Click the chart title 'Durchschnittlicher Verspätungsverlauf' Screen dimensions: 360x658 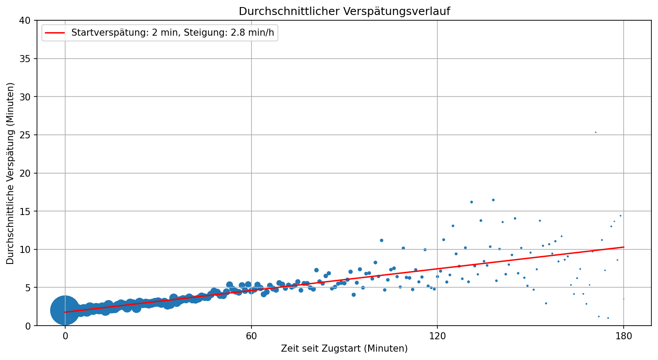344,11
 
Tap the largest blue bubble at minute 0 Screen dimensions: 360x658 65,310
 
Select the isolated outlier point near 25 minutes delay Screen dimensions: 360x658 595,132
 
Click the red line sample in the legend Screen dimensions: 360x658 55,33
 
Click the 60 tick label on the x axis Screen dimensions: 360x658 251,337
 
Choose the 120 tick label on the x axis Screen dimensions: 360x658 437,337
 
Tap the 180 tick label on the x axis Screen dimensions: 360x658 624,337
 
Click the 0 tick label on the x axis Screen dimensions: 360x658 65,337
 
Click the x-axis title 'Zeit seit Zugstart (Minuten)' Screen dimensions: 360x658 344,349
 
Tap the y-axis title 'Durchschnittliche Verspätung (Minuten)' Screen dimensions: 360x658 11,173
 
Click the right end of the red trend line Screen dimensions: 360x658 623,247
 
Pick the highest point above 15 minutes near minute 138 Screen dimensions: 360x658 493,200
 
